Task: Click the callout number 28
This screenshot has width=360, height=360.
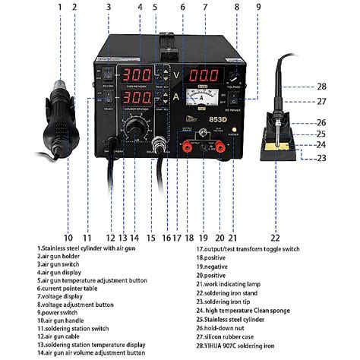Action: tap(322, 87)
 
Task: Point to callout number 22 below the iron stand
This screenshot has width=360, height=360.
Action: tap(275, 226)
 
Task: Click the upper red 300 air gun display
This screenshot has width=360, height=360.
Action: tap(137, 77)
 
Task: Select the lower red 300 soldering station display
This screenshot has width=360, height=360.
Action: tap(137, 99)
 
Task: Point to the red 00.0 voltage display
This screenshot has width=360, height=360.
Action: tap(204, 77)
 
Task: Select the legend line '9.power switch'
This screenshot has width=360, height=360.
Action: tap(64, 311)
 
